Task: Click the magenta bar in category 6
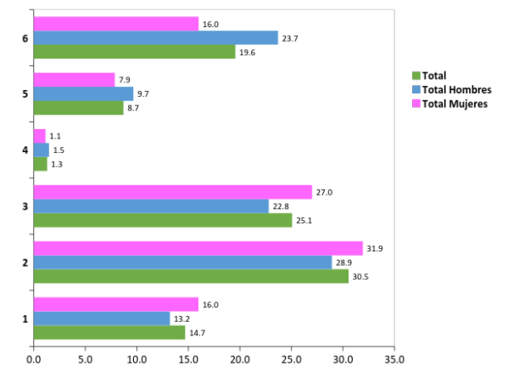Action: (x=116, y=24)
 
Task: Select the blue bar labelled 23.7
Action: (x=155, y=37)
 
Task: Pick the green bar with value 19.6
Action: (x=134, y=52)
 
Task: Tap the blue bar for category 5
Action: (x=83, y=93)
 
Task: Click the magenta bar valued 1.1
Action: (x=39, y=136)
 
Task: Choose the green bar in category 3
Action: (x=163, y=220)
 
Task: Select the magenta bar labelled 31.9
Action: (x=198, y=248)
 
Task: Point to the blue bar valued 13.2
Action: (x=102, y=318)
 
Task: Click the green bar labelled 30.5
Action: (x=191, y=276)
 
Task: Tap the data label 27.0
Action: (x=324, y=193)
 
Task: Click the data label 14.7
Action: (x=197, y=333)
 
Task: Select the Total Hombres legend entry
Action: (x=457, y=89)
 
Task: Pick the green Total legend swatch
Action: (x=416, y=76)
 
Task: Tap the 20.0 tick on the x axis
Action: (x=240, y=359)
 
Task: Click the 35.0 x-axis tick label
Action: (x=394, y=359)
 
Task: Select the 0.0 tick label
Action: (x=34, y=359)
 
